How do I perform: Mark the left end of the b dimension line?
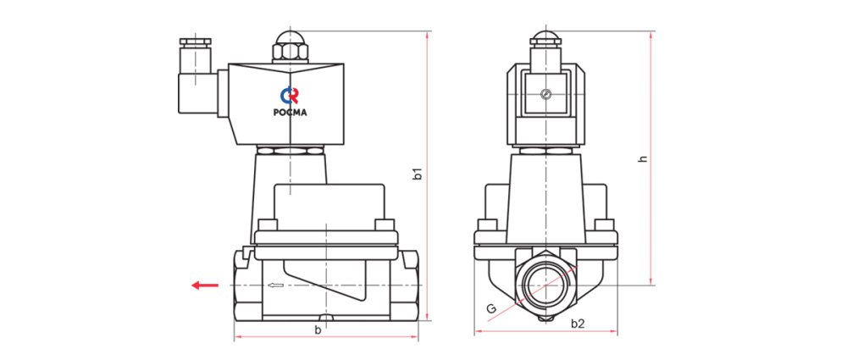pyautogui.click(x=235, y=338)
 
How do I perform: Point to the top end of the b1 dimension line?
pyautogui.click(x=427, y=31)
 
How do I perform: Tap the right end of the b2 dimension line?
pyautogui.click(x=617, y=334)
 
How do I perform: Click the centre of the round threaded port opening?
pyautogui.click(x=545, y=285)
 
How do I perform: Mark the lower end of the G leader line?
pyautogui.click(x=488, y=322)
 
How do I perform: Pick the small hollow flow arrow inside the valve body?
pyautogui.click(x=275, y=285)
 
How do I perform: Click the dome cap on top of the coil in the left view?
pyautogui.click(x=290, y=38)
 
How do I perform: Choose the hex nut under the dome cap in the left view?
pyautogui.click(x=290, y=53)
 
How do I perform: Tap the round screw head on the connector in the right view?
pyautogui.click(x=545, y=95)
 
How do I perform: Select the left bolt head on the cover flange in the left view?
pyautogui.click(x=267, y=224)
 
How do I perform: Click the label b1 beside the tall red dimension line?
pyautogui.click(x=417, y=174)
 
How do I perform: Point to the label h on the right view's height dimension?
pyautogui.click(x=643, y=159)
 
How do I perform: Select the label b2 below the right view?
pyautogui.click(x=578, y=324)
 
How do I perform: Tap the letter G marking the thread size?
pyautogui.click(x=491, y=308)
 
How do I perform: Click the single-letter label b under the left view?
pyautogui.click(x=318, y=330)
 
